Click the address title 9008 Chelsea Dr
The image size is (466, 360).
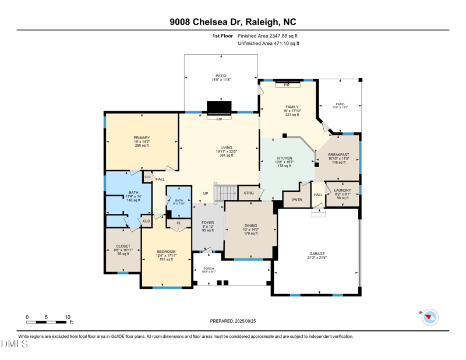pos(232,22)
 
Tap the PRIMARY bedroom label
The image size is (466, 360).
pos(142,138)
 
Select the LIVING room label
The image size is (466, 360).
pos(226,148)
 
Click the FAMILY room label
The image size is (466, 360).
pos(292,107)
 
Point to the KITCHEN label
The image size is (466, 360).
pos(284,158)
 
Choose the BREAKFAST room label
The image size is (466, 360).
pos(338,155)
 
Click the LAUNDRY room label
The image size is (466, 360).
pos(342,190)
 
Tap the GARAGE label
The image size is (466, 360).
pos(317,254)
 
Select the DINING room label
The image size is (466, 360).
pos(250,225)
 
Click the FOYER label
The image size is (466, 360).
pos(207,223)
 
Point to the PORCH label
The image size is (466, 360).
pos(209,269)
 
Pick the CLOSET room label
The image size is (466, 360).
pos(123,246)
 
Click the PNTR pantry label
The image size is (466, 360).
pos(297,200)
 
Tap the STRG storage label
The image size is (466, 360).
pos(249,193)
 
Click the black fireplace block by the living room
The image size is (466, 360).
pos(219,108)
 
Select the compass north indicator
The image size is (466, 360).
pos(430,317)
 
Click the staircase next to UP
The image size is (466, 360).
pos(227,193)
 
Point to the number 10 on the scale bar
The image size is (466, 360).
pos(68,317)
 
